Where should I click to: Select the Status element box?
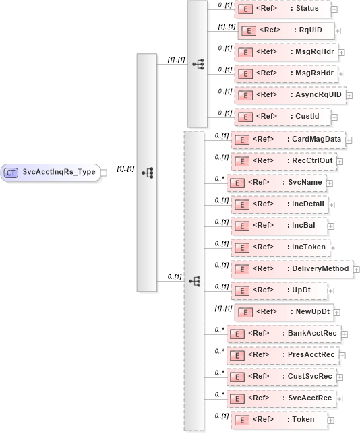pyautogui.click(x=282, y=9)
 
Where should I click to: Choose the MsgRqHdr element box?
pyautogui.click(x=286, y=52)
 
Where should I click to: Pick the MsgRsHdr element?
pyautogui.click(x=286, y=73)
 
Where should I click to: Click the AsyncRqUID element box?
pyautogui.click(x=289, y=95)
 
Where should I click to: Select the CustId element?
pyautogui.click(x=282, y=117)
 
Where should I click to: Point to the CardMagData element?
pyautogui.click(x=287, y=139)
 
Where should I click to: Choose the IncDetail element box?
pyautogui.click(x=279, y=204)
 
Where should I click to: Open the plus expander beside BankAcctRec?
pyautogui.click(x=344, y=334)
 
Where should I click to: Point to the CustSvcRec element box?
pyautogui.click(x=282, y=377)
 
